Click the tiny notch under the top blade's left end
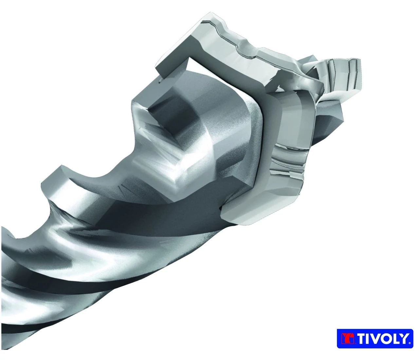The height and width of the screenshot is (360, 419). point(160,81)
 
